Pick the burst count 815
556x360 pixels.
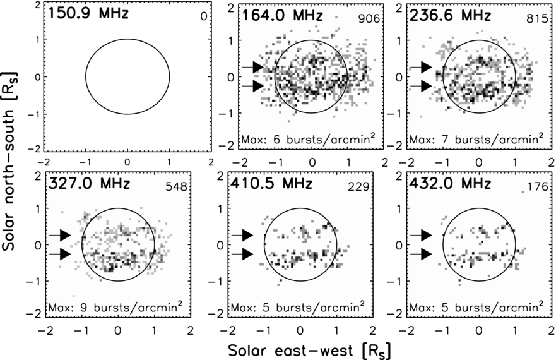point(536,19)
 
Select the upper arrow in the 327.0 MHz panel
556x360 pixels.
point(72,234)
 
